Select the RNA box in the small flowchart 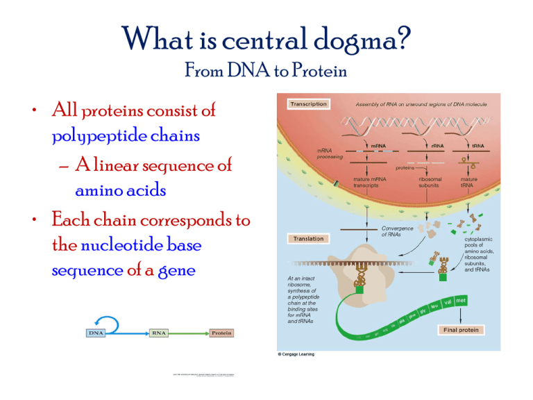point(159,333)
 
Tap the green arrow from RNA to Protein point(188,333)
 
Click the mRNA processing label point(332,153)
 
